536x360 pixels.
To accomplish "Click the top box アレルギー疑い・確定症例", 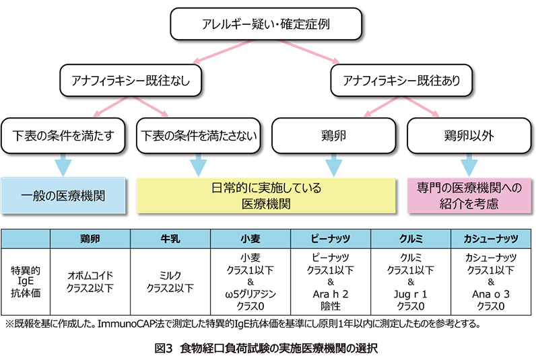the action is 266,24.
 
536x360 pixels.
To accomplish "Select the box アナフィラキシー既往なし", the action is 131,81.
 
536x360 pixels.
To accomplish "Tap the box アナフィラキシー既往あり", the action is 401,81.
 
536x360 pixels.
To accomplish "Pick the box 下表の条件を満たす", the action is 63,136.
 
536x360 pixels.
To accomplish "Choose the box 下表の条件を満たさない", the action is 198,136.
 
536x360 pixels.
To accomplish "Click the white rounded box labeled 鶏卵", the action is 333,136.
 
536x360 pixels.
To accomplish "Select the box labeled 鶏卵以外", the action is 469,136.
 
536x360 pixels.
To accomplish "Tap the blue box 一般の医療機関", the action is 63,196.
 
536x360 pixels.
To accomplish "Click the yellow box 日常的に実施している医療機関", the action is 266,196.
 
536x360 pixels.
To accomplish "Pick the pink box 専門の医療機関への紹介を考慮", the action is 469,196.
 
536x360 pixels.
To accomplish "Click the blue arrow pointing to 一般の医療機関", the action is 63,166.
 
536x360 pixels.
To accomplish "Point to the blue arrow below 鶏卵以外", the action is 469,166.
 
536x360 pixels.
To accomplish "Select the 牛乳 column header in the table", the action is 170,239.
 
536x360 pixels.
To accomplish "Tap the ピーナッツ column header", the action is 331,239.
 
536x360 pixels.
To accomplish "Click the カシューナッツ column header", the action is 491,239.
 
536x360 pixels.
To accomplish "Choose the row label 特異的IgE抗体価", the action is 26,282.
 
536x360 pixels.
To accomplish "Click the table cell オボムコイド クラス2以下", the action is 90,282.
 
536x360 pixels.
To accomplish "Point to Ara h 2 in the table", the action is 330,294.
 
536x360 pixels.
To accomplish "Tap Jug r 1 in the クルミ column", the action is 411,295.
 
